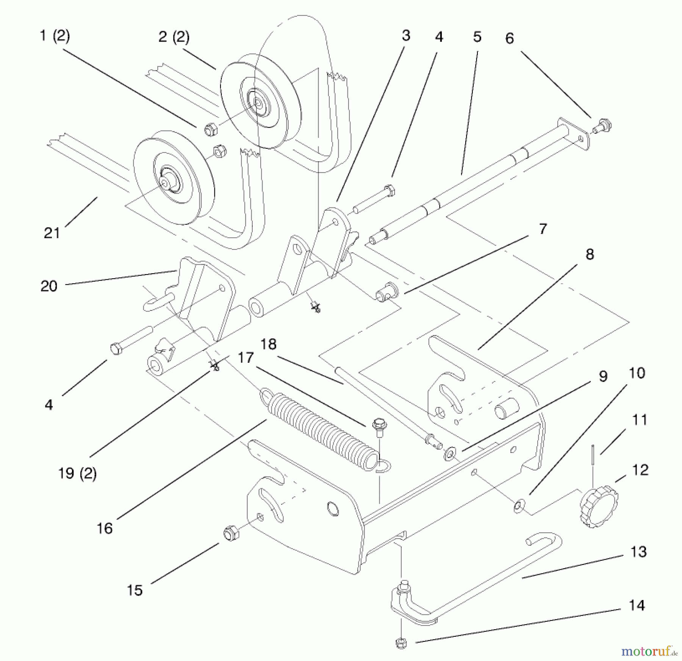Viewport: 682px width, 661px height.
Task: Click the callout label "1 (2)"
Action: (x=55, y=36)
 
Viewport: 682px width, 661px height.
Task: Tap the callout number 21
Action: (x=52, y=233)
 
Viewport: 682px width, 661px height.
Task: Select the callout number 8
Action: (x=590, y=254)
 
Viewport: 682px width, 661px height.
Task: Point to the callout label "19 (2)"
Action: (x=77, y=474)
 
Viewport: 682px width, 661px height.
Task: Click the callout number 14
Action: (x=637, y=606)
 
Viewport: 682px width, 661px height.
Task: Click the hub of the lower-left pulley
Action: (x=165, y=182)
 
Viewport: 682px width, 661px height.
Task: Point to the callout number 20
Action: (x=49, y=286)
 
